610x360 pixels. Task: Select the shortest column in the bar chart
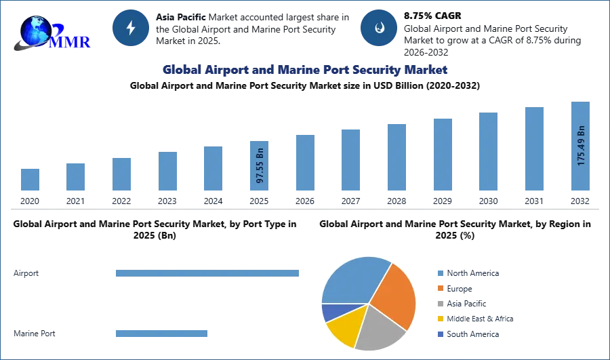[x=29, y=181]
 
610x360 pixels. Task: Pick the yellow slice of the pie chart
[x=344, y=329]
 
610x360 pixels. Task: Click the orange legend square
[x=440, y=287]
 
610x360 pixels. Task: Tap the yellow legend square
[x=440, y=319]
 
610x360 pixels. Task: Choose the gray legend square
[x=440, y=304]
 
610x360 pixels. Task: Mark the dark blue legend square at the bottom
[x=440, y=336]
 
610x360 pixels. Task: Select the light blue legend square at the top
[x=440, y=272]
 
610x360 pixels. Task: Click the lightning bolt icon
[x=131, y=28]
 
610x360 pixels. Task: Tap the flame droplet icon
[x=379, y=28]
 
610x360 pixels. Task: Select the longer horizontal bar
[x=208, y=272]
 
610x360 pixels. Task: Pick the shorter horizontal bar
[x=162, y=333]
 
